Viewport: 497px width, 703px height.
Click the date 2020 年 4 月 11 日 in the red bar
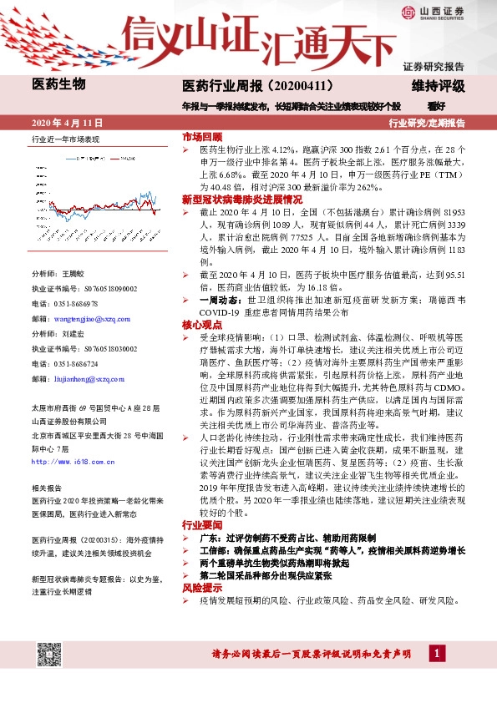click(x=63, y=122)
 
